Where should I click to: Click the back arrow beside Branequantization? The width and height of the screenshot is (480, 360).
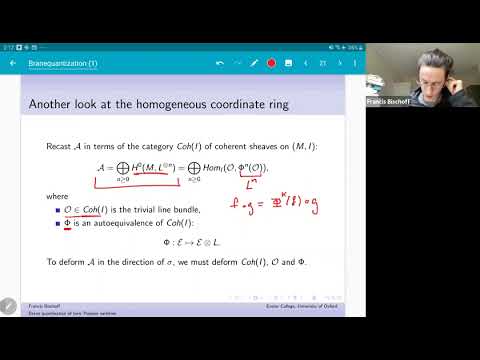pos(12,63)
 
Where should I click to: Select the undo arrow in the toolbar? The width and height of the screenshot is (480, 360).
pos(220,63)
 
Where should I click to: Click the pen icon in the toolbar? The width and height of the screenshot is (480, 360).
pos(253,63)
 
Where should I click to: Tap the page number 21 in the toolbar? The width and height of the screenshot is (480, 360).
pos(322,63)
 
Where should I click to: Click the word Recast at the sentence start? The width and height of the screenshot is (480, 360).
pos(59,147)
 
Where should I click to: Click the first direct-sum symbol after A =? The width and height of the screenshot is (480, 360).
pos(102,169)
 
